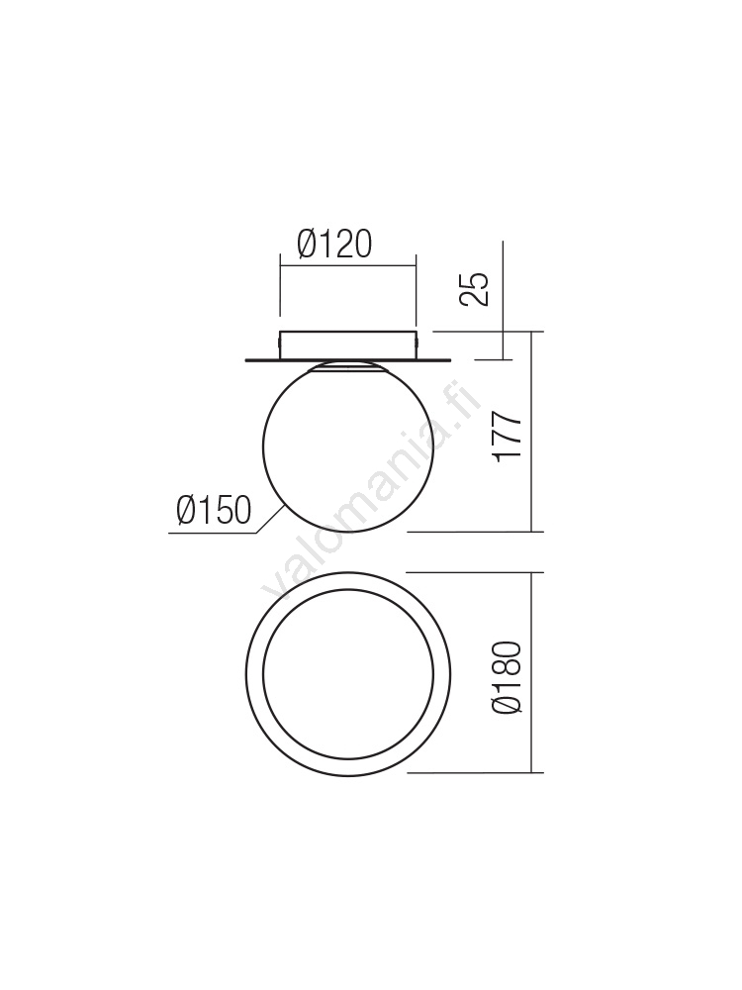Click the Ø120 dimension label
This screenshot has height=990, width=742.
click(334, 245)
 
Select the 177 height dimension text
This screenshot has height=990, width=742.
click(509, 437)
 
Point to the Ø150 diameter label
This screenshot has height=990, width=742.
click(214, 510)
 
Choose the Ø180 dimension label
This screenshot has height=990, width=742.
click(509, 678)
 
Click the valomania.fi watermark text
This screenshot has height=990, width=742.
click(372, 489)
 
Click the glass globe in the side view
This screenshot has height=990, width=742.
click(348, 446)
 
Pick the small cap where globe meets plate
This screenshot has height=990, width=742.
click(348, 367)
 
